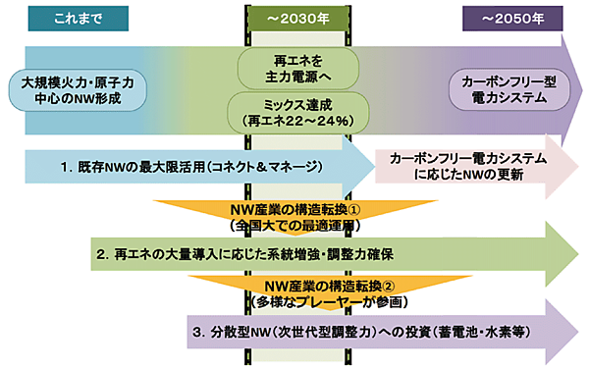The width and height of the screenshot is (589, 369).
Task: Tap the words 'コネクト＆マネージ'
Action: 274,166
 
